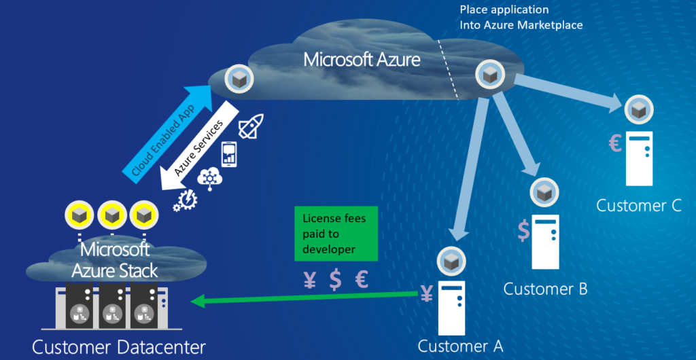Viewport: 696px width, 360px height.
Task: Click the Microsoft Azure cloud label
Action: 362,59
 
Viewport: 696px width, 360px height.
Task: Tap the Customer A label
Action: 460,346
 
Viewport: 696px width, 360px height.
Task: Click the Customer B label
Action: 545,289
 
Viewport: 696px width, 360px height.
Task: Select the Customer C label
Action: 638,206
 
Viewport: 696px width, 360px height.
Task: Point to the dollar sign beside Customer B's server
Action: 523,230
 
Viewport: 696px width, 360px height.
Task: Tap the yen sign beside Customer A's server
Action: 427,293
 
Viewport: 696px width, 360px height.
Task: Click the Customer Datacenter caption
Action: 119,348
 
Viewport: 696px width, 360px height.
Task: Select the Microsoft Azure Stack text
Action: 116,259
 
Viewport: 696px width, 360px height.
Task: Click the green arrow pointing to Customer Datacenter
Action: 306,297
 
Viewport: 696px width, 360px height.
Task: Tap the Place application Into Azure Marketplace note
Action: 521,18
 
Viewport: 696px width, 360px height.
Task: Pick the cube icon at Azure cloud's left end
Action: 239,80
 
